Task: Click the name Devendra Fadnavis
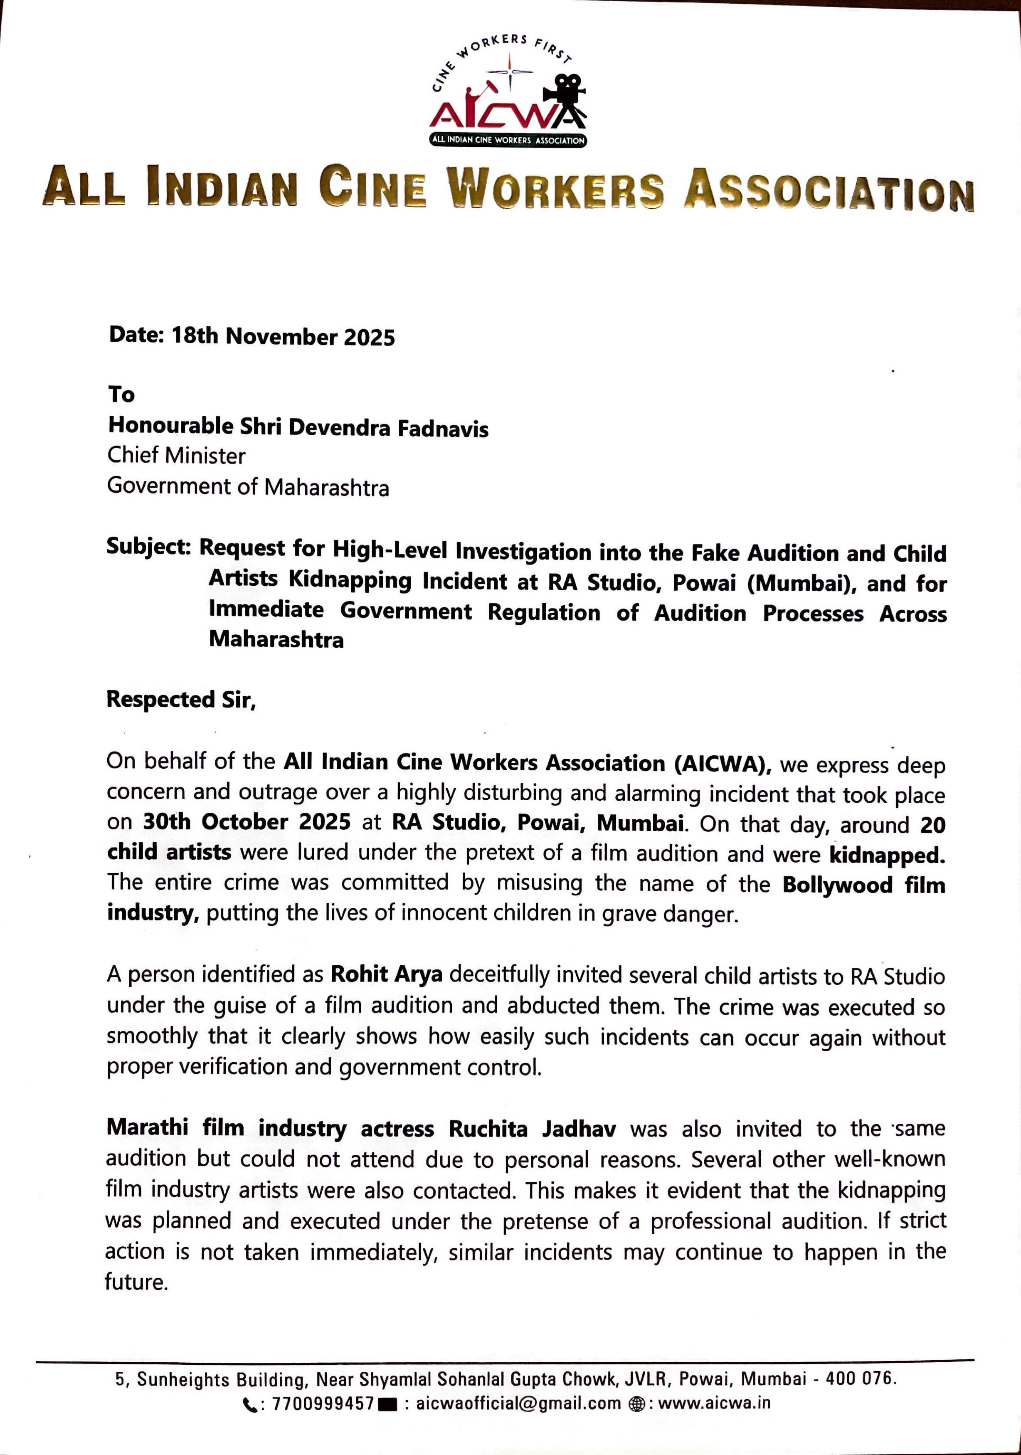(389, 428)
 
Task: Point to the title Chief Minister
(176, 456)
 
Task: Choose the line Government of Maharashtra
(248, 487)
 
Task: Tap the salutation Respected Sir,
(180, 700)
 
